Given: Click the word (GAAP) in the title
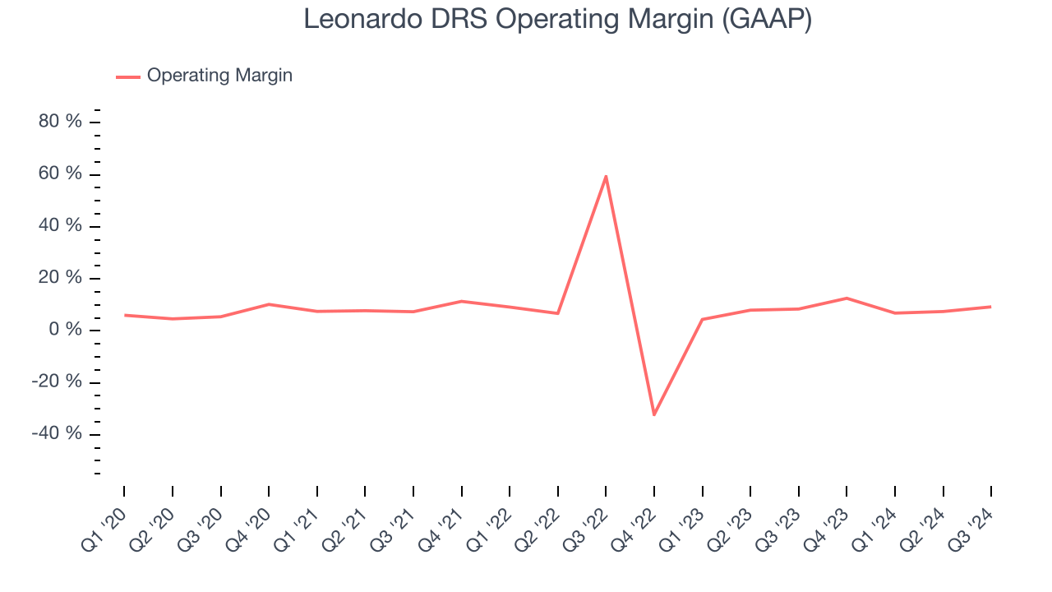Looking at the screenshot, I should (767, 19).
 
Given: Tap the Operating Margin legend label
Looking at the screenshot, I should (219, 76).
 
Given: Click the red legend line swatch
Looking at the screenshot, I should (128, 76).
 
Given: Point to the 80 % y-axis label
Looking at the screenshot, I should (61, 122).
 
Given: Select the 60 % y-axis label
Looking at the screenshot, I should (61, 173).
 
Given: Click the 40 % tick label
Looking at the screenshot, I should (61, 226).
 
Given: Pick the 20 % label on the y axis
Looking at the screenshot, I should (61, 278).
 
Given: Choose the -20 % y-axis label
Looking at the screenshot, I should (58, 382).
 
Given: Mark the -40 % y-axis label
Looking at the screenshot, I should (58, 433).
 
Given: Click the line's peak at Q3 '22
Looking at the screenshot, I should (606, 176).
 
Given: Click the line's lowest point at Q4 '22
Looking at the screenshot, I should (654, 414).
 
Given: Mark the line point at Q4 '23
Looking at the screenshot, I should (847, 298).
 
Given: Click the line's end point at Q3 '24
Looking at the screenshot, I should (990, 307).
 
